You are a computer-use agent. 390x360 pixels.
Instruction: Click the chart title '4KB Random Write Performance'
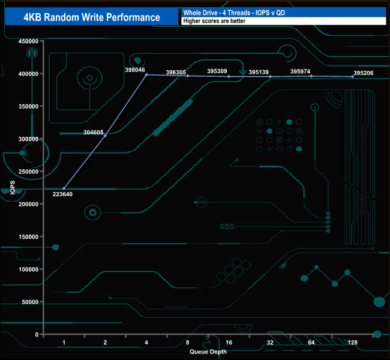[92, 17]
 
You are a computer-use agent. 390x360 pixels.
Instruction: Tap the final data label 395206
[364, 73]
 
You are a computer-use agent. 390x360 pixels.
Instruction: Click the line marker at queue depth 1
[64, 188]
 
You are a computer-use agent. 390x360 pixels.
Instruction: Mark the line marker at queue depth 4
[146, 74]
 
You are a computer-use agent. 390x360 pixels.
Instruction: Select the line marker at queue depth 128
[352, 77]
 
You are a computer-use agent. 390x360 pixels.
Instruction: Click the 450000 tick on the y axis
[29, 41]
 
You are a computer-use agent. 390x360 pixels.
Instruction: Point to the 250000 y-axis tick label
[29, 172]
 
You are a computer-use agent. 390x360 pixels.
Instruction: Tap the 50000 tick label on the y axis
[31, 302]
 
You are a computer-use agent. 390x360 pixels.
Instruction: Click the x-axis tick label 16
[229, 343]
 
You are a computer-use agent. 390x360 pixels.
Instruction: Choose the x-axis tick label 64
[311, 343]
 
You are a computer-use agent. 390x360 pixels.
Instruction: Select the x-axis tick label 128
[352, 343]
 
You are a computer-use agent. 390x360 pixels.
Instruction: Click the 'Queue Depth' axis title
[208, 352]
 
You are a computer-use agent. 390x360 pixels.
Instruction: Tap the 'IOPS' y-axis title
[13, 187]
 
